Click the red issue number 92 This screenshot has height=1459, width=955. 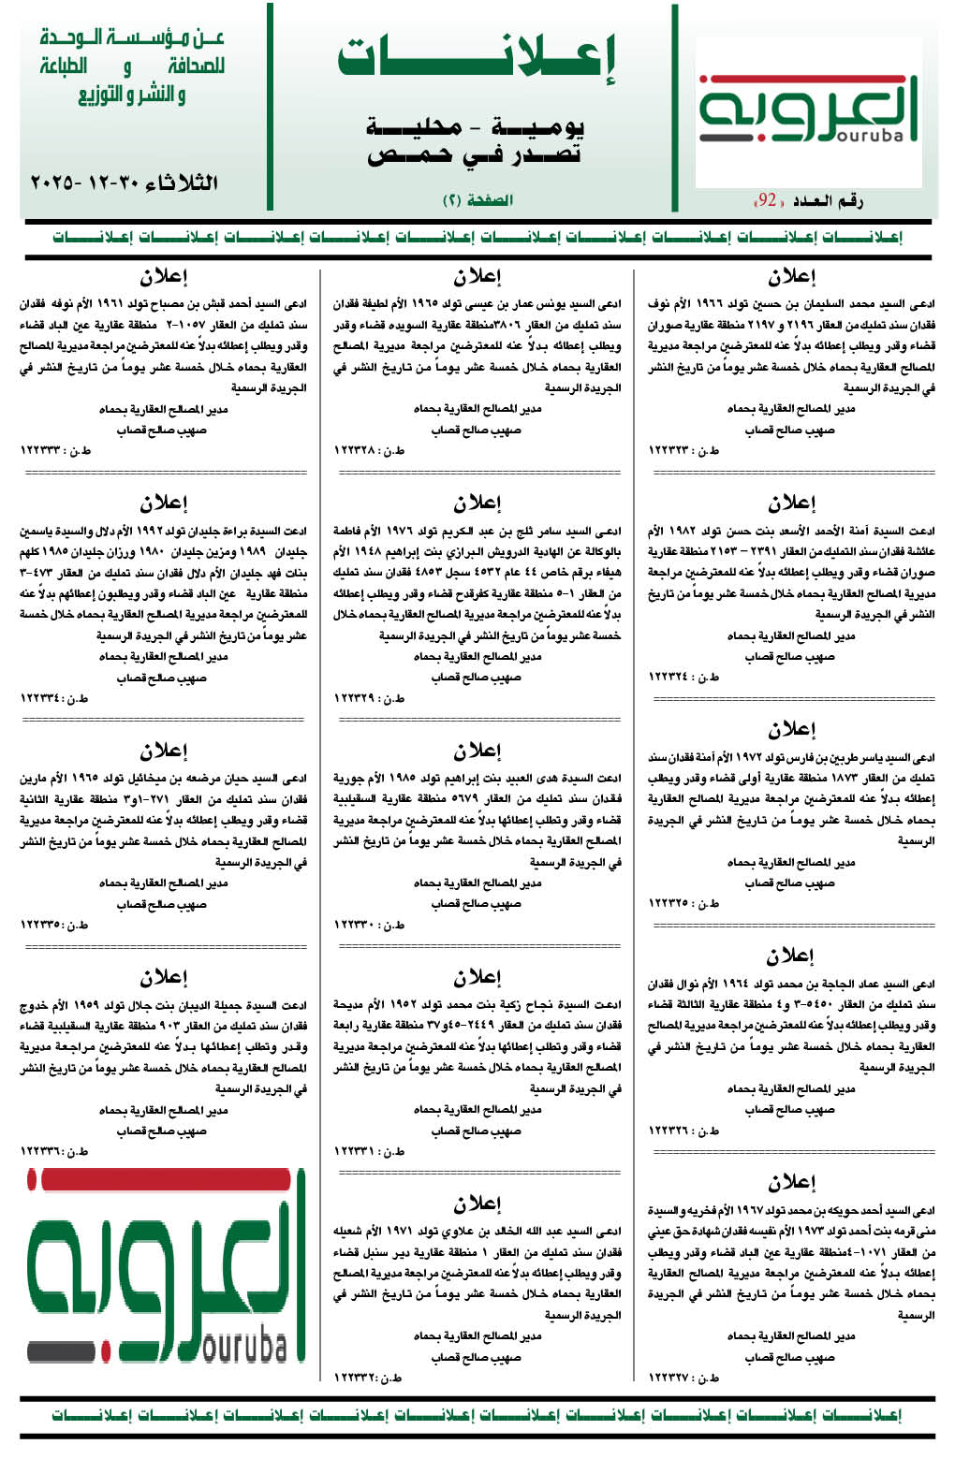pos(768,200)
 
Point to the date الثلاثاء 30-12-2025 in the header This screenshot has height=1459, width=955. pos(124,182)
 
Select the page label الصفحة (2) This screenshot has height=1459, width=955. pos(477,200)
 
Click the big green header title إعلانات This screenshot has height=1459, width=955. pos(477,58)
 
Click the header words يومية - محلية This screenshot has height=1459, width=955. pos(475,126)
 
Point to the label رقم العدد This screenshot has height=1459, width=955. pos(828,200)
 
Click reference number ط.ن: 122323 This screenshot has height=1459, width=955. pos(683,451)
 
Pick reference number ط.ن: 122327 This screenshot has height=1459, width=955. pos(683,1378)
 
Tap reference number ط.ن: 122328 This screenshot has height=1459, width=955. pos(369,451)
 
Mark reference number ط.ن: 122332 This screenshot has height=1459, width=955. pos(369,1378)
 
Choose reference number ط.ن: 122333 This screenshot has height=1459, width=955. pos(55,451)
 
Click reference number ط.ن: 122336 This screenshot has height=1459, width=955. pos(55,1151)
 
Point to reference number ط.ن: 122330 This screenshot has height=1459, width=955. pos(369,925)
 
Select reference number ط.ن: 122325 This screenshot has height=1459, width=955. pos(683,903)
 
